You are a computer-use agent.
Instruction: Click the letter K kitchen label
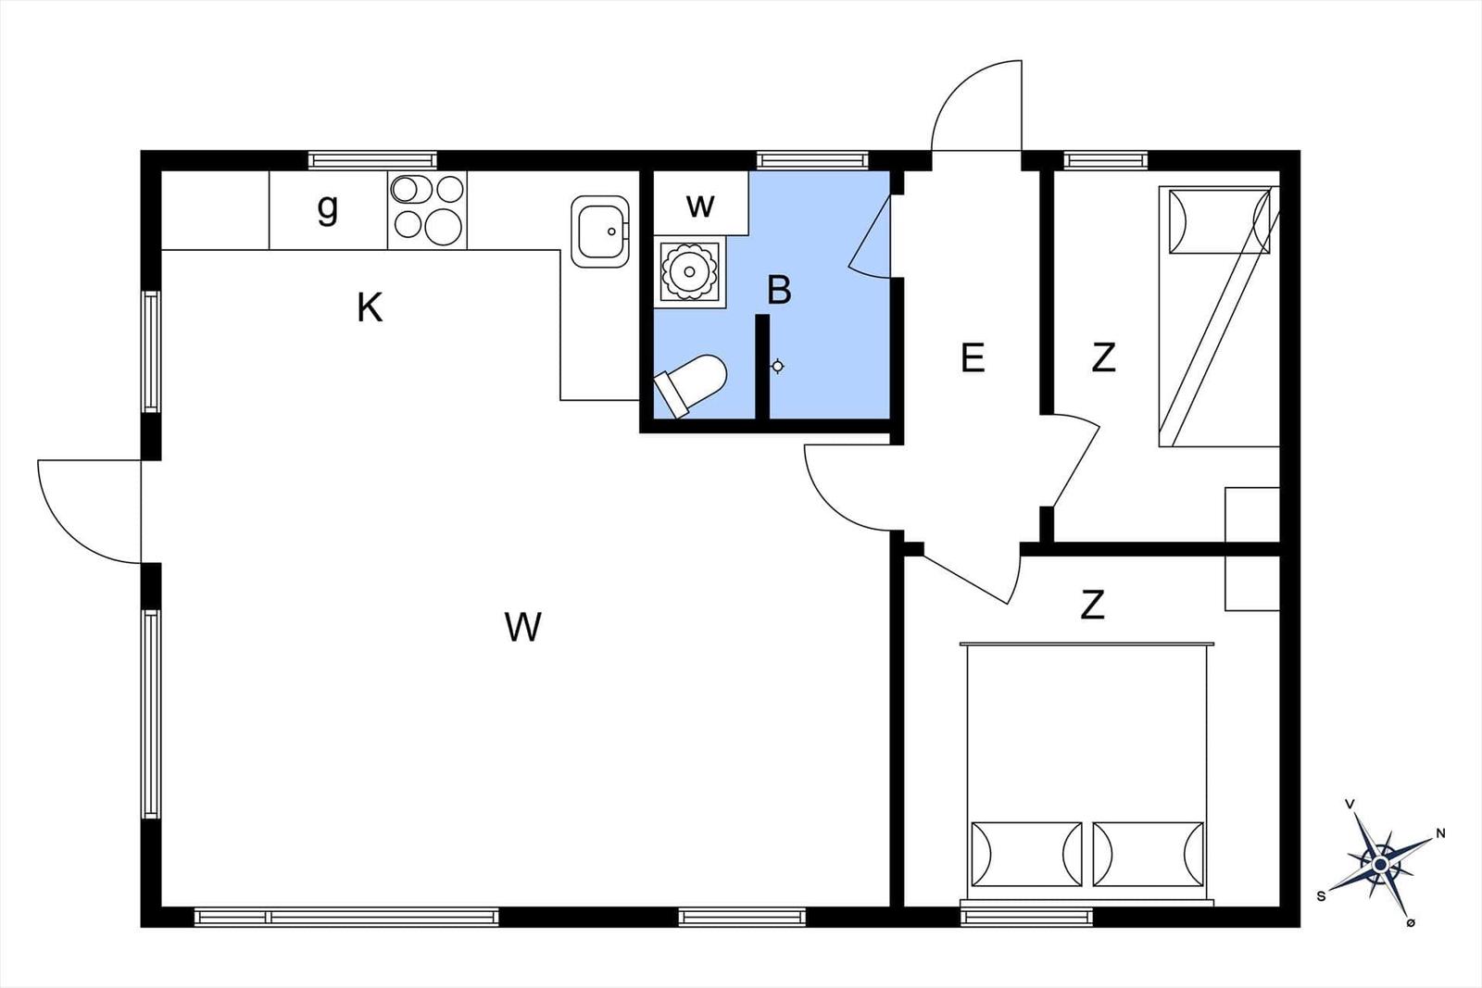pyautogui.click(x=370, y=307)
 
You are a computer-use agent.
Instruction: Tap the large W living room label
pyautogui.click(x=522, y=626)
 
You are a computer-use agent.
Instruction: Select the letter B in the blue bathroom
pyautogui.click(x=779, y=290)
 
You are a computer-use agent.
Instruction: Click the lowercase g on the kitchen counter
pyautogui.click(x=328, y=209)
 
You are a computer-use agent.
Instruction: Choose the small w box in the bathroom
pyautogui.click(x=700, y=203)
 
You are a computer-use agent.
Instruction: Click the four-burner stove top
pyautogui.click(x=427, y=209)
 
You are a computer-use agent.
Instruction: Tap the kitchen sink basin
pyautogui.click(x=600, y=231)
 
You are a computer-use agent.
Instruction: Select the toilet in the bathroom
pyautogui.click(x=690, y=386)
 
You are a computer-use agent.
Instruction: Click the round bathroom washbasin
pyautogui.click(x=690, y=271)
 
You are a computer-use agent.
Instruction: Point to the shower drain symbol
pyautogui.click(x=778, y=367)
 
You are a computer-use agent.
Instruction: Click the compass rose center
pyautogui.click(x=1380, y=864)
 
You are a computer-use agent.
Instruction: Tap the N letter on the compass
pyautogui.click(x=1440, y=833)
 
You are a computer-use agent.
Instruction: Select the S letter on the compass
pyautogui.click(x=1321, y=896)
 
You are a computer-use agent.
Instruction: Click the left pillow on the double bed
pyautogui.click(x=1027, y=854)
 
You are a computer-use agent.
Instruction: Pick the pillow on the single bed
pyautogui.click(x=1219, y=221)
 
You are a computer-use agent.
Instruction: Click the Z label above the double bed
pyautogui.click(x=1092, y=605)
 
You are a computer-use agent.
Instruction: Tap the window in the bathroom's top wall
pyautogui.click(x=812, y=160)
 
